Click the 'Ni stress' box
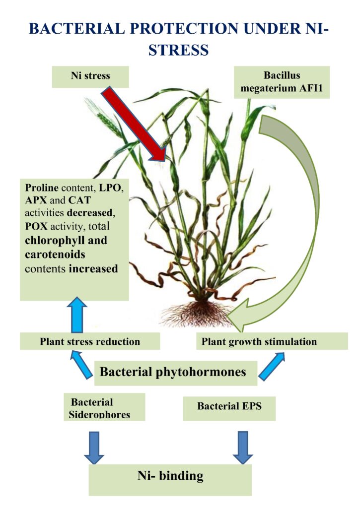90,77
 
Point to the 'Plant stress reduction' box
90,341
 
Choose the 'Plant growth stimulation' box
272,341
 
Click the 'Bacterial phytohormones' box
176,372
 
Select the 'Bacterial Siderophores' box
104,407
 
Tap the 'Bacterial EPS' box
229,406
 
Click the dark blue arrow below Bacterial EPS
243,446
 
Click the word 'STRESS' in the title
180,50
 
